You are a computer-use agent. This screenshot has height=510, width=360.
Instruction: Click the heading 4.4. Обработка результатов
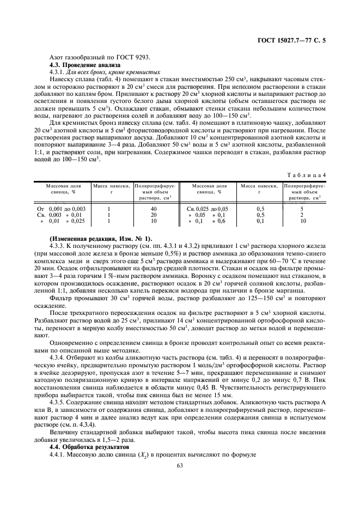pos(83,447)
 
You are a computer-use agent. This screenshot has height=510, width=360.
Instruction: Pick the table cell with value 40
pos(154,209)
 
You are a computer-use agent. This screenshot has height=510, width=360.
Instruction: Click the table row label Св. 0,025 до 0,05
pos(208,209)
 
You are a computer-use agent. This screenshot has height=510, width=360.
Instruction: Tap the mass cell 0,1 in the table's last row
pos(260,221)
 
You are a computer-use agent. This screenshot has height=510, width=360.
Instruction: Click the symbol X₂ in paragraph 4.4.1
pos(139,454)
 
